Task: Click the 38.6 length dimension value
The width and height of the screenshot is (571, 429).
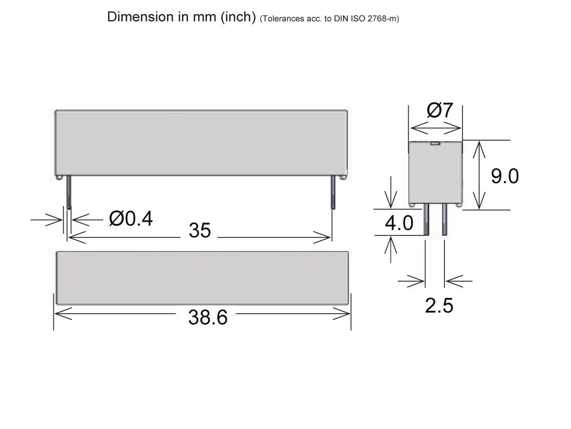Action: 207,317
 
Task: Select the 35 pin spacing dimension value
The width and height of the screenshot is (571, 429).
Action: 199,231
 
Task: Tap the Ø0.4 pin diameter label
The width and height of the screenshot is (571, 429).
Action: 131,219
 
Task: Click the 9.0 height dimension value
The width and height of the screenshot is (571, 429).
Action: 504,176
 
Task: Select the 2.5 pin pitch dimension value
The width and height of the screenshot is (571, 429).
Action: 439,306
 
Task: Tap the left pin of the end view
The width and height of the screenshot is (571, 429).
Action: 427,220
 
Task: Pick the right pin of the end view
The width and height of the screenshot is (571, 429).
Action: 444,220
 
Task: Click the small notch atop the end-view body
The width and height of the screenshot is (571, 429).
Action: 435,143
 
